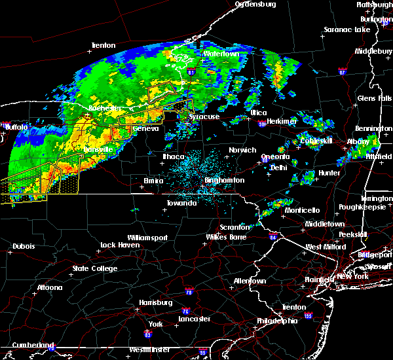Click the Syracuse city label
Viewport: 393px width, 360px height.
pos(204,117)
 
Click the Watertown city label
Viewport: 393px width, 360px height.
pos(220,54)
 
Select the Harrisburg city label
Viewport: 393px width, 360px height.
pos(155,302)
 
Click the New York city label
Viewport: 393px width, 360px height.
pos(352,277)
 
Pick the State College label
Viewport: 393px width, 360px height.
pos(95,268)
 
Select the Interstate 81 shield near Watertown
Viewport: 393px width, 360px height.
pos(191,72)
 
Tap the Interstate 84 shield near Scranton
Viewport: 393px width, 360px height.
pos(272,237)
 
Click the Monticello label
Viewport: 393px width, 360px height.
pos(302,210)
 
